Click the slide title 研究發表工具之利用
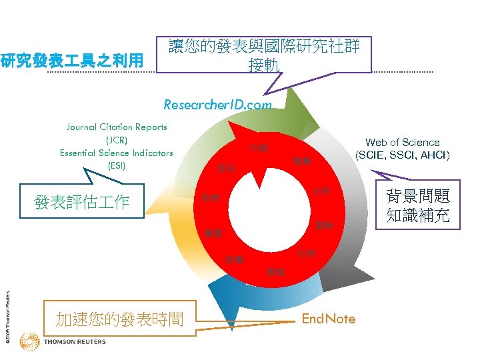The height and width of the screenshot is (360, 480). coord(72,62)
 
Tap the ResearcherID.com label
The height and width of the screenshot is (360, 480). coord(218,105)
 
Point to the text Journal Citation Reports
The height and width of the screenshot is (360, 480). coord(117,127)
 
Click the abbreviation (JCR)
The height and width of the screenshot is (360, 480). coord(117,140)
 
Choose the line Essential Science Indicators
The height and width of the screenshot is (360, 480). coord(117,153)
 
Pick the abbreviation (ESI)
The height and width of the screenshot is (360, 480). coord(117,165)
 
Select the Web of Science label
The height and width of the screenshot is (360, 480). coord(402,142)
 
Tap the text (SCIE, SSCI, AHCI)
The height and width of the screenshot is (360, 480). coord(402,155)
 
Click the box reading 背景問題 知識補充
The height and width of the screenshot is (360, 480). coord(418,206)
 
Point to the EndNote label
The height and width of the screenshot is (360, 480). coord(329,319)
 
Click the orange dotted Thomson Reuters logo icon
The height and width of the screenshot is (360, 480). coord(30,343)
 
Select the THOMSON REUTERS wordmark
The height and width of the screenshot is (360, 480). coord(75,343)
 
